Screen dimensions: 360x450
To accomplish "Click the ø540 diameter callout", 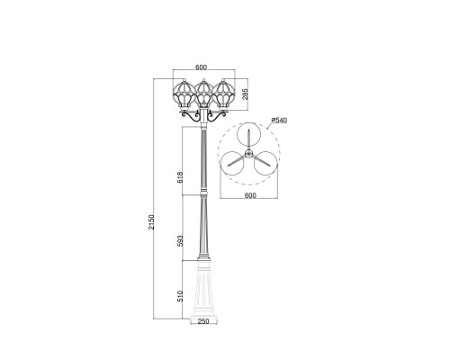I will pos(277,120).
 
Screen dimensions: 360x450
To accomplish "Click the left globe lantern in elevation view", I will pos(184,94).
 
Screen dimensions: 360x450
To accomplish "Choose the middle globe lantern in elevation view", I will pos(203,94).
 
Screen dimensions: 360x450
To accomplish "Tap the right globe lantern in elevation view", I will pos(223,94).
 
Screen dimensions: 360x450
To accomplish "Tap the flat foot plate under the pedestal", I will pos(203,318).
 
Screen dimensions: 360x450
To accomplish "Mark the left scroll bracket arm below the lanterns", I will pos(188,117).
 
